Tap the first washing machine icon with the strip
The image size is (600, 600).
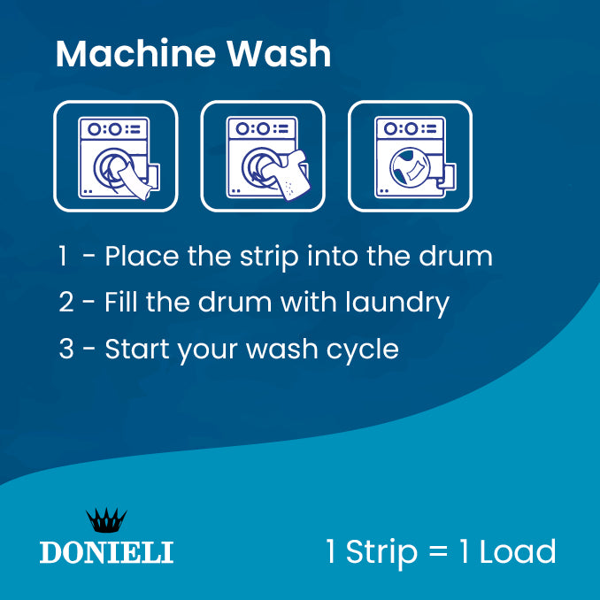(116, 157)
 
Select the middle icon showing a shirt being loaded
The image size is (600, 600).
(263, 157)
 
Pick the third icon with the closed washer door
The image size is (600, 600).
(410, 157)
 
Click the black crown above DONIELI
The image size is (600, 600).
(106, 521)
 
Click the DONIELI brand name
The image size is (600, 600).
(106, 552)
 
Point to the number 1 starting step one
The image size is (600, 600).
(63, 258)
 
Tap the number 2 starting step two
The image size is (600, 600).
(66, 304)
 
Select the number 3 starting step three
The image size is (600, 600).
(66, 350)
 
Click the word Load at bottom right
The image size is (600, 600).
(518, 551)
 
